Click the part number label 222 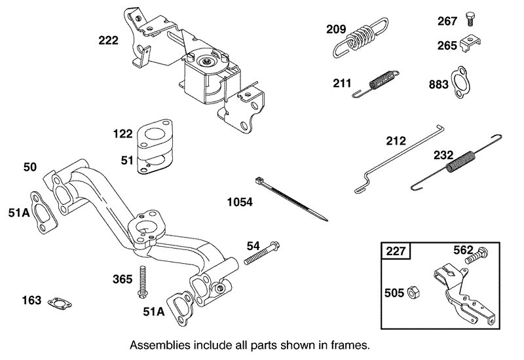(x=108, y=41)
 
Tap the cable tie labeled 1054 (x=288, y=198)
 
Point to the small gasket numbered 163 (x=60, y=301)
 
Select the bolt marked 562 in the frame (x=478, y=256)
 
